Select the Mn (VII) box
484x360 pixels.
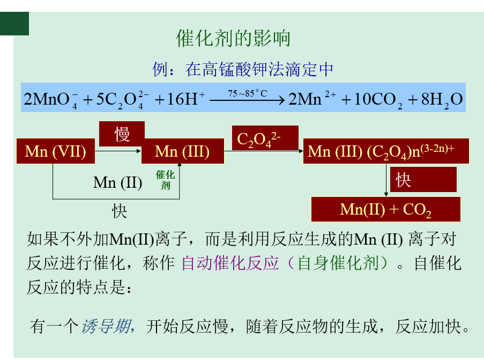55,151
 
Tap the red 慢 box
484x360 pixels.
122,134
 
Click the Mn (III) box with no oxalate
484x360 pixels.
182,151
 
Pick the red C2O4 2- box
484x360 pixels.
258,138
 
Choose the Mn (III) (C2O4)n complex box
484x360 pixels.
386,151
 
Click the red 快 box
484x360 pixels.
423,180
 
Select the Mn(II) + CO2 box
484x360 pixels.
386,209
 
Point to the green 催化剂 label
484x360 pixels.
166,180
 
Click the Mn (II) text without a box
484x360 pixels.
117,182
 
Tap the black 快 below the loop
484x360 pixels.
120,211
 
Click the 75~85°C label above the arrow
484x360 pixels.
247,93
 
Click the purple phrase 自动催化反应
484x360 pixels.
230,263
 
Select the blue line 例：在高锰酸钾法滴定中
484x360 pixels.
243,69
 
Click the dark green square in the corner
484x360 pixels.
14,24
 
